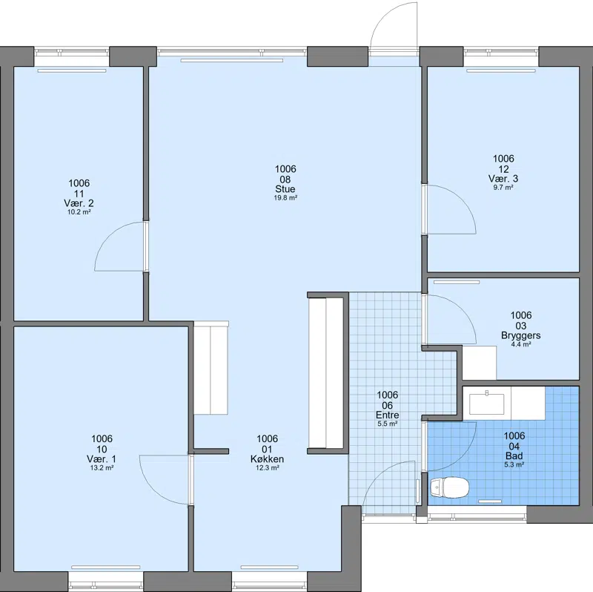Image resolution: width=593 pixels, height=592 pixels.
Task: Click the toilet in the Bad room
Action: coord(449,487)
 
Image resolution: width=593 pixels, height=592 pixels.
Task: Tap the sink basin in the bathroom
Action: coord(487,404)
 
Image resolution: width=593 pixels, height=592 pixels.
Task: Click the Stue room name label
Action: coord(285,189)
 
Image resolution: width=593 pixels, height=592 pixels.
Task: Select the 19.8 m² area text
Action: coord(285,197)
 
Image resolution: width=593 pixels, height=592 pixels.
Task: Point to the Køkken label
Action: coord(267,458)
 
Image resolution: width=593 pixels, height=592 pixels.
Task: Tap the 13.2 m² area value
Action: coord(102,467)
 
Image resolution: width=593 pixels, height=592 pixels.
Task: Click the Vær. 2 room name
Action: coord(79,203)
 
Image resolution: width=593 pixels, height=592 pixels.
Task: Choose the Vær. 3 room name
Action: coord(503,178)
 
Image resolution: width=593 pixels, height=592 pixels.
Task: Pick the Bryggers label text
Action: coord(521,335)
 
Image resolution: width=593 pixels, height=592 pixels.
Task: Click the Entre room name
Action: coord(387,415)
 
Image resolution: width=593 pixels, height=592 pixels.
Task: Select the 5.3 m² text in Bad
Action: coord(514,464)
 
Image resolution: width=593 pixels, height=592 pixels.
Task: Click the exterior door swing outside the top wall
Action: coord(383,15)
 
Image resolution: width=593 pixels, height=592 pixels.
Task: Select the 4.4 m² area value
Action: coord(521,344)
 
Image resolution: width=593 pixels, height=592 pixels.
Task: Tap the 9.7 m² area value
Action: coord(503,188)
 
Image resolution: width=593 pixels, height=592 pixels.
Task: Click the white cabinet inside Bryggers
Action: coord(480,363)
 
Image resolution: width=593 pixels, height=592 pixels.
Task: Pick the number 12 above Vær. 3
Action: coord(503,169)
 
